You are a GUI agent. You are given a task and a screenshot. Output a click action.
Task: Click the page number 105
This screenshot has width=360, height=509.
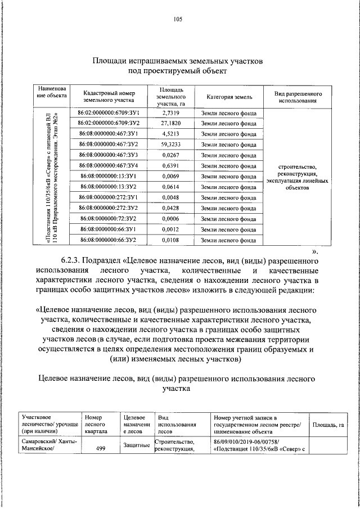[x=178, y=20]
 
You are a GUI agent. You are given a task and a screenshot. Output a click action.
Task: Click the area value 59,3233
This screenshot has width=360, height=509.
[x=169, y=145]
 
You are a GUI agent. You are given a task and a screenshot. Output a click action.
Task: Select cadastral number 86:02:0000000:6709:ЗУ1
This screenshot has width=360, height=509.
[x=109, y=113]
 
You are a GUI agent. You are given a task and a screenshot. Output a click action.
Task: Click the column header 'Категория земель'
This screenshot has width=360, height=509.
[x=229, y=97]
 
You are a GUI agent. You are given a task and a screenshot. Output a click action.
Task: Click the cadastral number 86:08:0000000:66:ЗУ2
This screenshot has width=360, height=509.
[x=109, y=240]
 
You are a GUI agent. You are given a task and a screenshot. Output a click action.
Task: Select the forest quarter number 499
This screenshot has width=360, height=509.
[x=101, y=449]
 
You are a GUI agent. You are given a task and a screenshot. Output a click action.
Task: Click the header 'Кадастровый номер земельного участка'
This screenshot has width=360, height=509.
[x=109, y=97]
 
